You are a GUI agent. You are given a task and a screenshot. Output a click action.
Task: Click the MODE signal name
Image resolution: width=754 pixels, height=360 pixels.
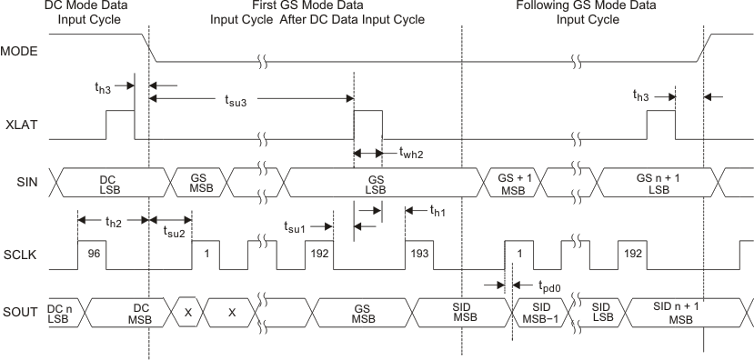(19, 51)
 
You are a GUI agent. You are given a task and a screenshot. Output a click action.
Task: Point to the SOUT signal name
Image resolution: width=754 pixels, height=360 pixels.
(19, 314)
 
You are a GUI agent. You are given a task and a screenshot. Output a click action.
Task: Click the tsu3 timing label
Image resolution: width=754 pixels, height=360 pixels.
(238, 102)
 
